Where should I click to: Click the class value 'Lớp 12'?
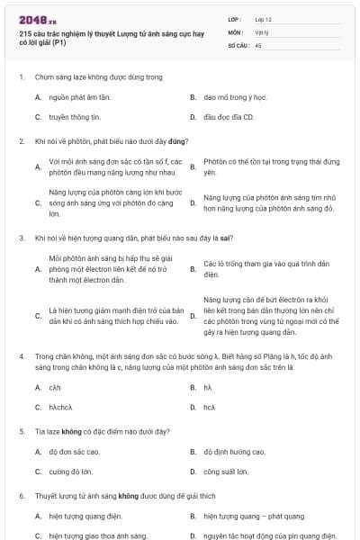tap(265, 19)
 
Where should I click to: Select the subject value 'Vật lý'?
tap(263, 31)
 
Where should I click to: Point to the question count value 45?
tap(258, 44)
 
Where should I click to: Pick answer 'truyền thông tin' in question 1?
tap(75, 117)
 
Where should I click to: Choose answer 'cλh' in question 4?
tap(55, 387)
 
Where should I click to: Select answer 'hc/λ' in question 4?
tap(209, 407)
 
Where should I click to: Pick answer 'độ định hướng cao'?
tap(235, 452)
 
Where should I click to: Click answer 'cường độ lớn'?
tap(71, 472)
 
